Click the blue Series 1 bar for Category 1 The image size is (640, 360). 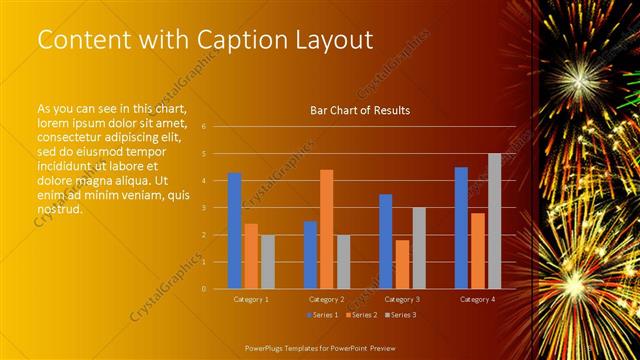point(234,231)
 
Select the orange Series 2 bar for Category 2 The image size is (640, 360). point(326,229)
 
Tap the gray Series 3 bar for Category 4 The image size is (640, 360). point(494,221)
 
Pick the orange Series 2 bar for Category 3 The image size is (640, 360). point(402,264)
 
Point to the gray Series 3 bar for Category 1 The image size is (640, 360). point(267,262)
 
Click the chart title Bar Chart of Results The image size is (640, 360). point(360,111)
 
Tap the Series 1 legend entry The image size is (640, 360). point(323,315)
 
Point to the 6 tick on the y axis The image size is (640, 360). point(203,127)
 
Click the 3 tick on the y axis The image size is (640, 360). point(203,208)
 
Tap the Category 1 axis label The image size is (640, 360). point(250,299)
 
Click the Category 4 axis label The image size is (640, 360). point(477,299)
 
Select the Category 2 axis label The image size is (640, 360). point(326,299)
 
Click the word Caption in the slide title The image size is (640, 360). point(233,40)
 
